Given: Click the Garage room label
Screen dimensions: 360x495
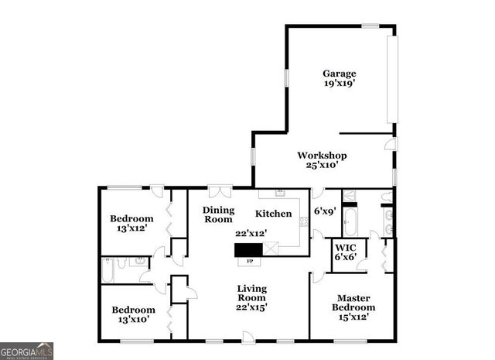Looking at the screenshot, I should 339,74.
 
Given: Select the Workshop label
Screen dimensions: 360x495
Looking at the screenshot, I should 322,155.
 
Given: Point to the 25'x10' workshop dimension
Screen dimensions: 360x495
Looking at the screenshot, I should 322,165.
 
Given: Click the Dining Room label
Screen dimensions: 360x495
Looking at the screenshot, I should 218,214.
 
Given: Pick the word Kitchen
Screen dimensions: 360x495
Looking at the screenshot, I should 274,214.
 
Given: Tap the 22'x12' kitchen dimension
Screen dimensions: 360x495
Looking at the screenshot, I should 251,233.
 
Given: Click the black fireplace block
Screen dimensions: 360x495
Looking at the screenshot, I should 248,249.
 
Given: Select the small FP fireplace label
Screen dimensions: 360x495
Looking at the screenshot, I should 249,262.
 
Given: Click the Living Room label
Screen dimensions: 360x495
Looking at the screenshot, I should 251,293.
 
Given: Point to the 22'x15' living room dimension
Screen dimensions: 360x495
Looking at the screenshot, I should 251,307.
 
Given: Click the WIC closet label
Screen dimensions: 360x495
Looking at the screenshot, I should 343,248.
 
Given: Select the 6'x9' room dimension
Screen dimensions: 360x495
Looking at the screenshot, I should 325,211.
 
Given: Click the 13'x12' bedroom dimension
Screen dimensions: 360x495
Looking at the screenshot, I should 131,229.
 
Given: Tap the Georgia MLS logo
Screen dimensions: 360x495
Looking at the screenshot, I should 27,351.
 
